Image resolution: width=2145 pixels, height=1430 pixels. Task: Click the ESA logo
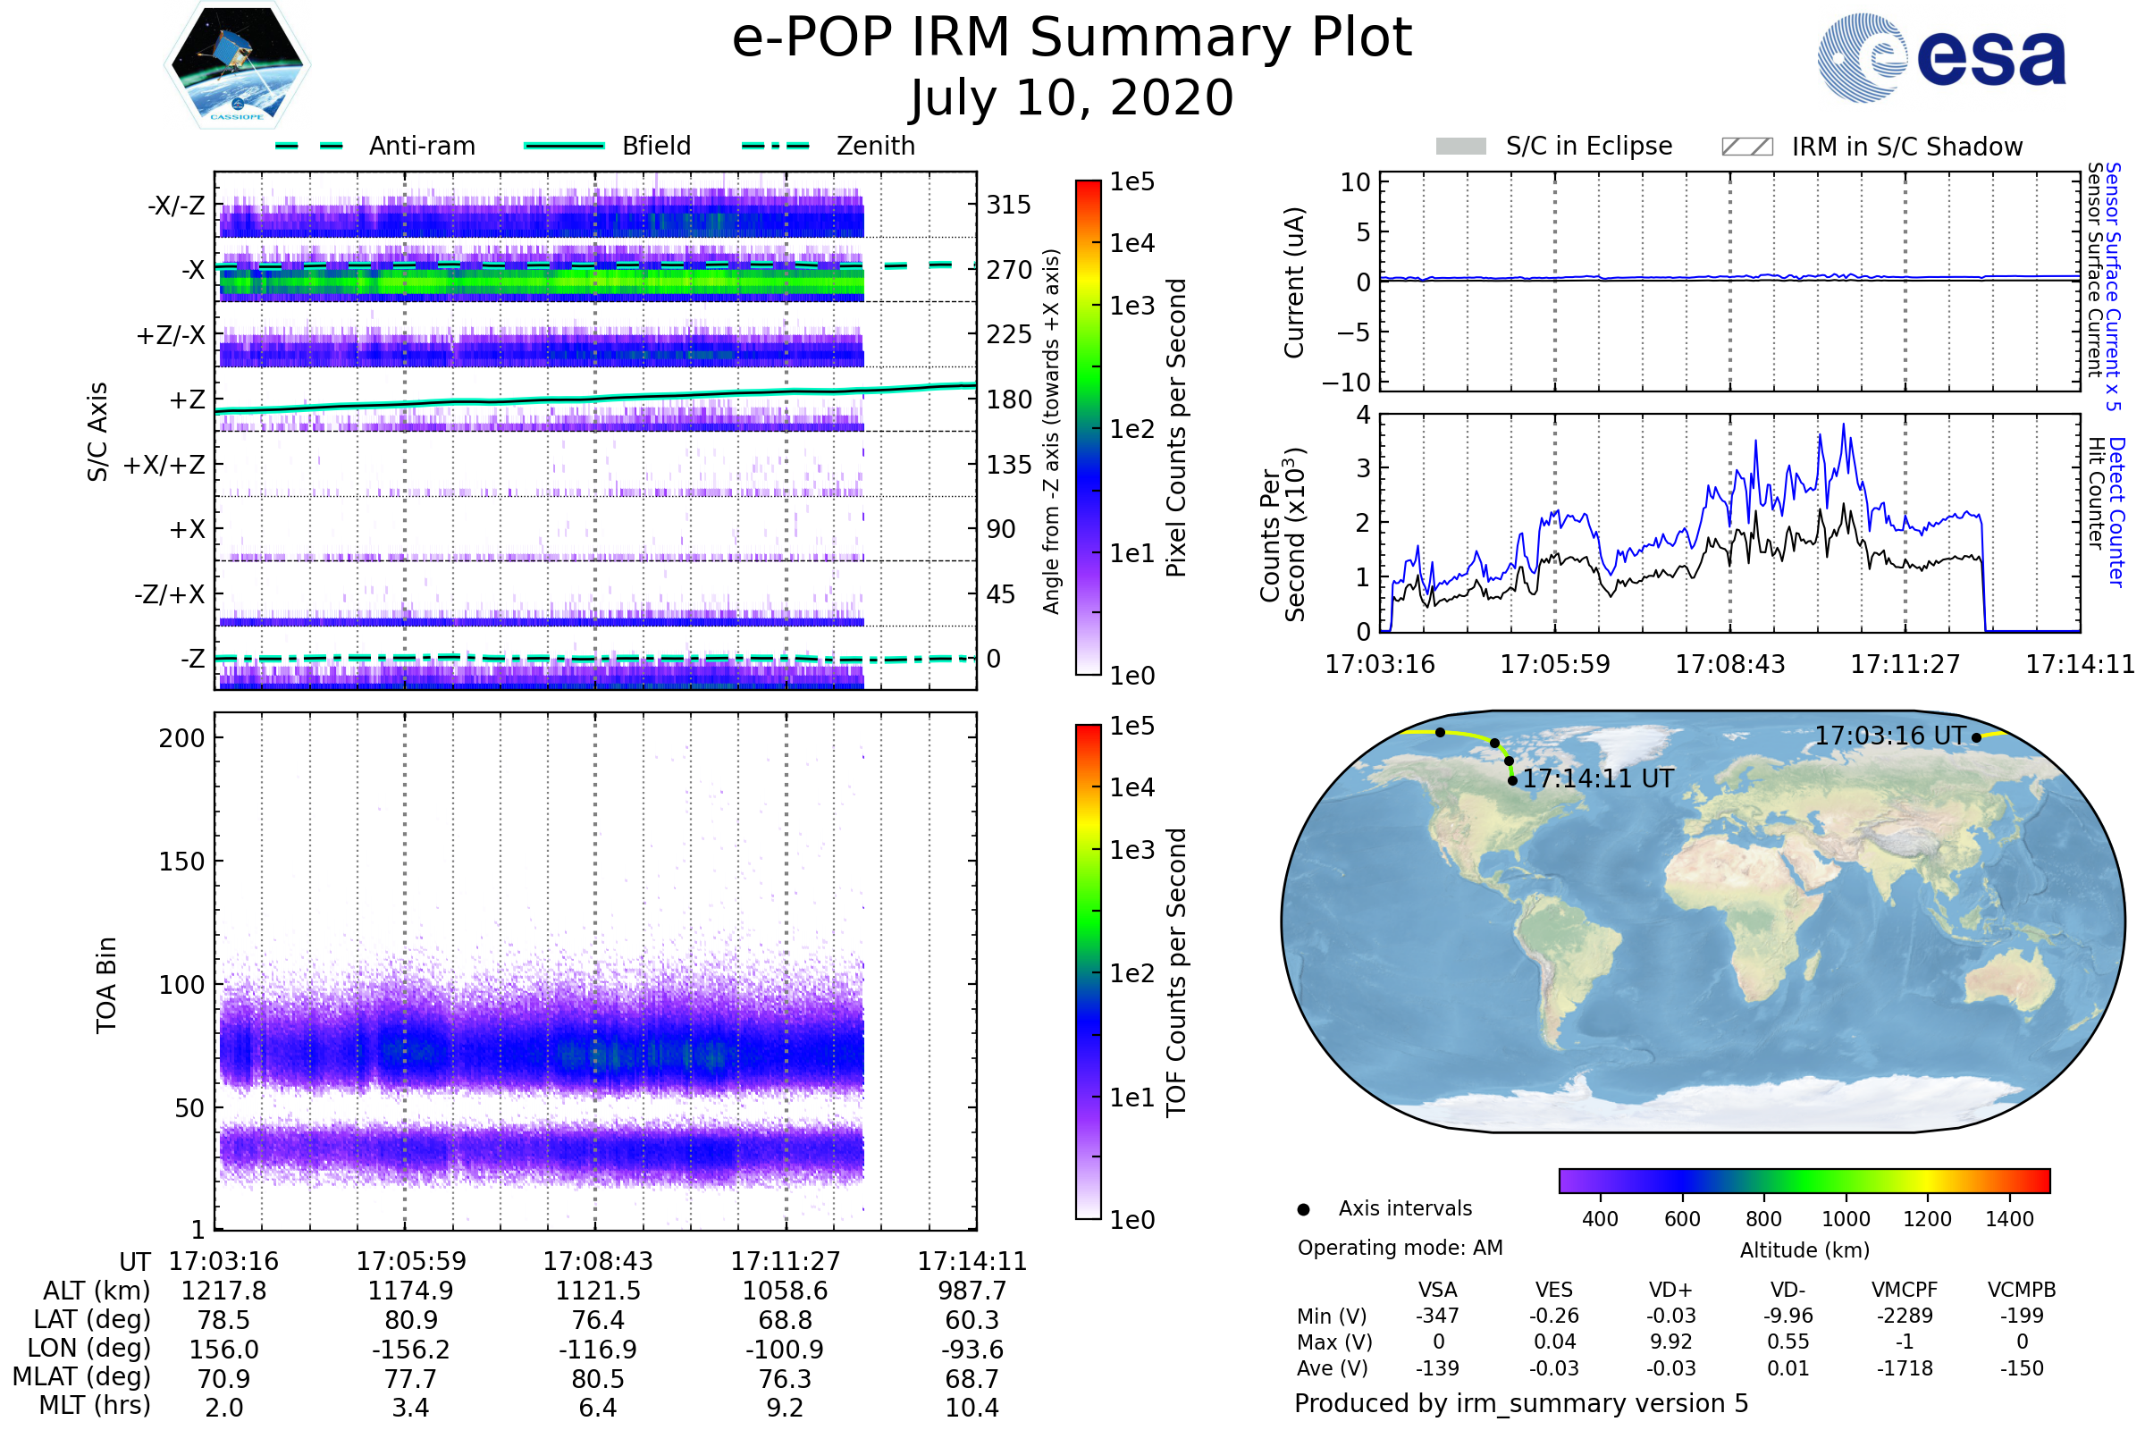click(1941, 57)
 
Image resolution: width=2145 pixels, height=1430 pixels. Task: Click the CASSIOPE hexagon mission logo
click(237, 64)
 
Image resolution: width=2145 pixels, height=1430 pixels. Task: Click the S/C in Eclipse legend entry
click(1554, 146)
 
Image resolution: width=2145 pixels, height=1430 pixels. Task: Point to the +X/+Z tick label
click(164, 465)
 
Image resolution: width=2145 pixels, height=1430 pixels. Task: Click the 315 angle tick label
click(1008, 205)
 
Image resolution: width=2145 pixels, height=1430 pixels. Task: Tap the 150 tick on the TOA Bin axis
click(181, 862)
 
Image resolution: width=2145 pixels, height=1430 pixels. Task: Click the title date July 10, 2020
click(1072, 97)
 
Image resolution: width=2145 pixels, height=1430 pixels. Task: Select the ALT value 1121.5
click(597, 1291)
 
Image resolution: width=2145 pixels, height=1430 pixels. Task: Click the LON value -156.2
click(410, 1350)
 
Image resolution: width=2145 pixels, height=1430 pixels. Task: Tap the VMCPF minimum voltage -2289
click(1905, 1316)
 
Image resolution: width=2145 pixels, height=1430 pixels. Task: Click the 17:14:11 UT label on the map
click(1598, 778)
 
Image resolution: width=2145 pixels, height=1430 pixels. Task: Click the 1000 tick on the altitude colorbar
click(1845, 1219)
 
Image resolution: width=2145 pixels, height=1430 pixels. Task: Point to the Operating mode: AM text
click(1400, 1248)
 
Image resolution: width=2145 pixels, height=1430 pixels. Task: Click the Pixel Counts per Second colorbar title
click(1176, 428)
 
